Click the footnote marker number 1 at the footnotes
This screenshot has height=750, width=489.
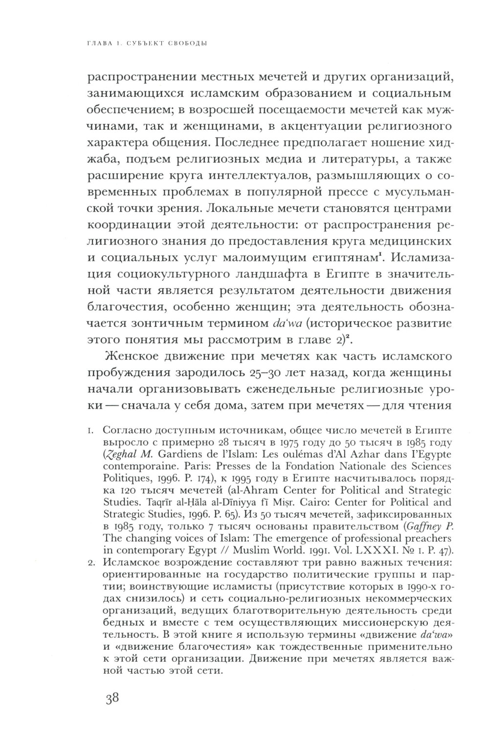click(90, 431)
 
